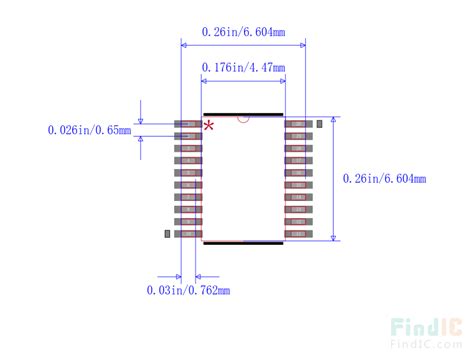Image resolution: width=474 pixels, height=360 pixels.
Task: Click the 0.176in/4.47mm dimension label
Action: pos(243,67)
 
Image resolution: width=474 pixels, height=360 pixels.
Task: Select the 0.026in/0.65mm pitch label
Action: pos(90,129)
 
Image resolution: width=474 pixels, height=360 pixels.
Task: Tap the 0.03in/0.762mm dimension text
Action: pos(188,290)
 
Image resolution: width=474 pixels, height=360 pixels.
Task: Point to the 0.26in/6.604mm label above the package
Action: pos(243,32)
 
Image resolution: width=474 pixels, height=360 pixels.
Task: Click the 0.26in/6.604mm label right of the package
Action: pos(384,179)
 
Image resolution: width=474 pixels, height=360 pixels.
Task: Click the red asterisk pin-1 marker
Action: pos(209,125)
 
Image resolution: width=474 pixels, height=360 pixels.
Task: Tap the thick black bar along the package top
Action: pos(243,113)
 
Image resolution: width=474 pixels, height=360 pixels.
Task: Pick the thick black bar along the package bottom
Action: pos(243,241)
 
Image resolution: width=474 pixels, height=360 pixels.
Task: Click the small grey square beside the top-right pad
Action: pos(320,122)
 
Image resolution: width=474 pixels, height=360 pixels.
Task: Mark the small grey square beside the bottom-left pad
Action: pos(166,233)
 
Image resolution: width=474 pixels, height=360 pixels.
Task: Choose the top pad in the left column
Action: pos(188,124)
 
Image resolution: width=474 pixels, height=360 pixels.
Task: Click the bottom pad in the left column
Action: pos(188,233)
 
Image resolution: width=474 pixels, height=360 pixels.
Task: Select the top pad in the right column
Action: pos(298,124)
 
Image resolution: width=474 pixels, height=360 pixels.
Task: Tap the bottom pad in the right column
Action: pos(298,233)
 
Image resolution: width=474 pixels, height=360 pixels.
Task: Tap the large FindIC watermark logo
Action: pos(424,326)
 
